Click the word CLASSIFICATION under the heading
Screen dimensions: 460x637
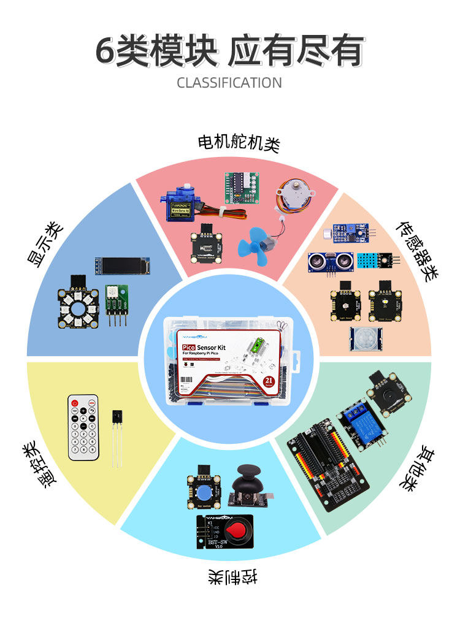click(x=229, y=83)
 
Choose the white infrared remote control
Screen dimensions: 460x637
click(x=83, y=427)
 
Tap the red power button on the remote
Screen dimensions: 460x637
click(x=75, y=403)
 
